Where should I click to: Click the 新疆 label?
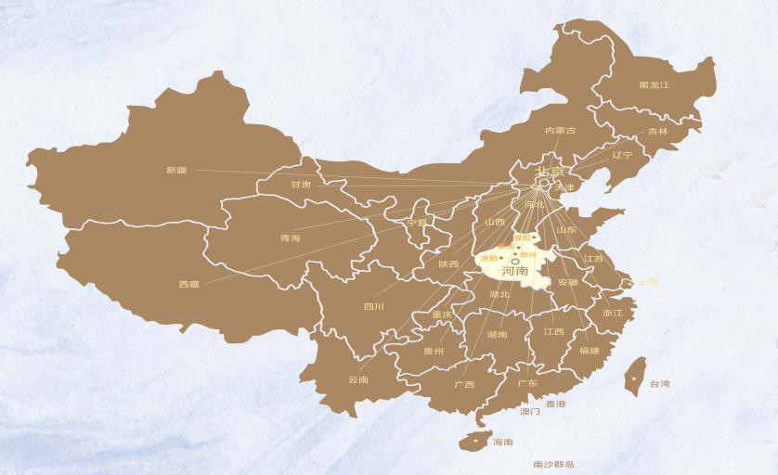176,170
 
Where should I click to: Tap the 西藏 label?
188,284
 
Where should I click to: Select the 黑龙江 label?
654,85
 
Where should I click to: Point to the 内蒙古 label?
560,131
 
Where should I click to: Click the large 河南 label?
514,272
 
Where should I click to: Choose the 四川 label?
374,306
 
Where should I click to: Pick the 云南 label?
357,379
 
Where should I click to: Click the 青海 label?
291,238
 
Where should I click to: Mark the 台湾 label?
659,383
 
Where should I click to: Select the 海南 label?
503,442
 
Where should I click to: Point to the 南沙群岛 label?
553,464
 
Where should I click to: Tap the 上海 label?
647,282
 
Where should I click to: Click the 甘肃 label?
301,185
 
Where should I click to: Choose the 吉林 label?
657,132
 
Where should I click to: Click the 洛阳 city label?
488,258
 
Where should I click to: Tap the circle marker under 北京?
545,184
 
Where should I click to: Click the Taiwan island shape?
634,376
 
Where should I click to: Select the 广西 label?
463,384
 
